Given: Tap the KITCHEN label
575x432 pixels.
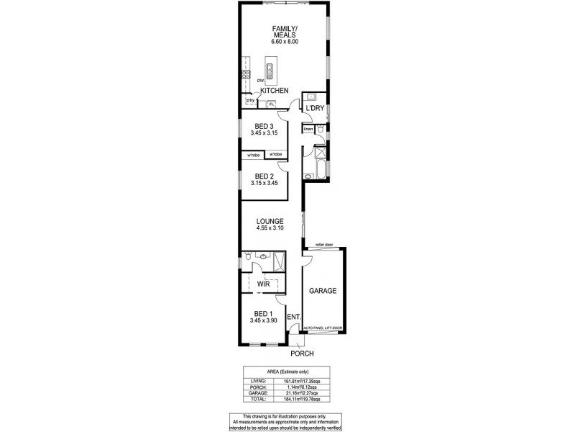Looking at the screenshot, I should (x=275, y=91).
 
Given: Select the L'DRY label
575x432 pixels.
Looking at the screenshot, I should (x=316, y=108).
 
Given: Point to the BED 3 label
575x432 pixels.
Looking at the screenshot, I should (x=264, y=127).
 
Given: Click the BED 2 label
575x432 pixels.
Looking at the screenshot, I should (x=264, y=176).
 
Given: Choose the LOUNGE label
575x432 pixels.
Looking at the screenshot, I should (x=270, y=221).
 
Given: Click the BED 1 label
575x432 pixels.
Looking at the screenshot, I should (x=262, y=313).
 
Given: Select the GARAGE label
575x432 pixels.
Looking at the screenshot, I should (x=323, y=291).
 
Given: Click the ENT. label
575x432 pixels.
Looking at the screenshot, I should (x=293, y=317).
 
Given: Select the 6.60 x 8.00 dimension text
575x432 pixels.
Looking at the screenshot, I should (x=285, y=42).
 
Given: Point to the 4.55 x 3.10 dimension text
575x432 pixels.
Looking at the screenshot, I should (x=270, y=228).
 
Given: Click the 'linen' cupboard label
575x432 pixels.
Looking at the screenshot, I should (x=308, y=129).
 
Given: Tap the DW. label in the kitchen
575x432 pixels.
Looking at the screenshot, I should (x=260, y=81).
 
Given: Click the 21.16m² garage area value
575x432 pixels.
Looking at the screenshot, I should (x=308, y=392).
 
